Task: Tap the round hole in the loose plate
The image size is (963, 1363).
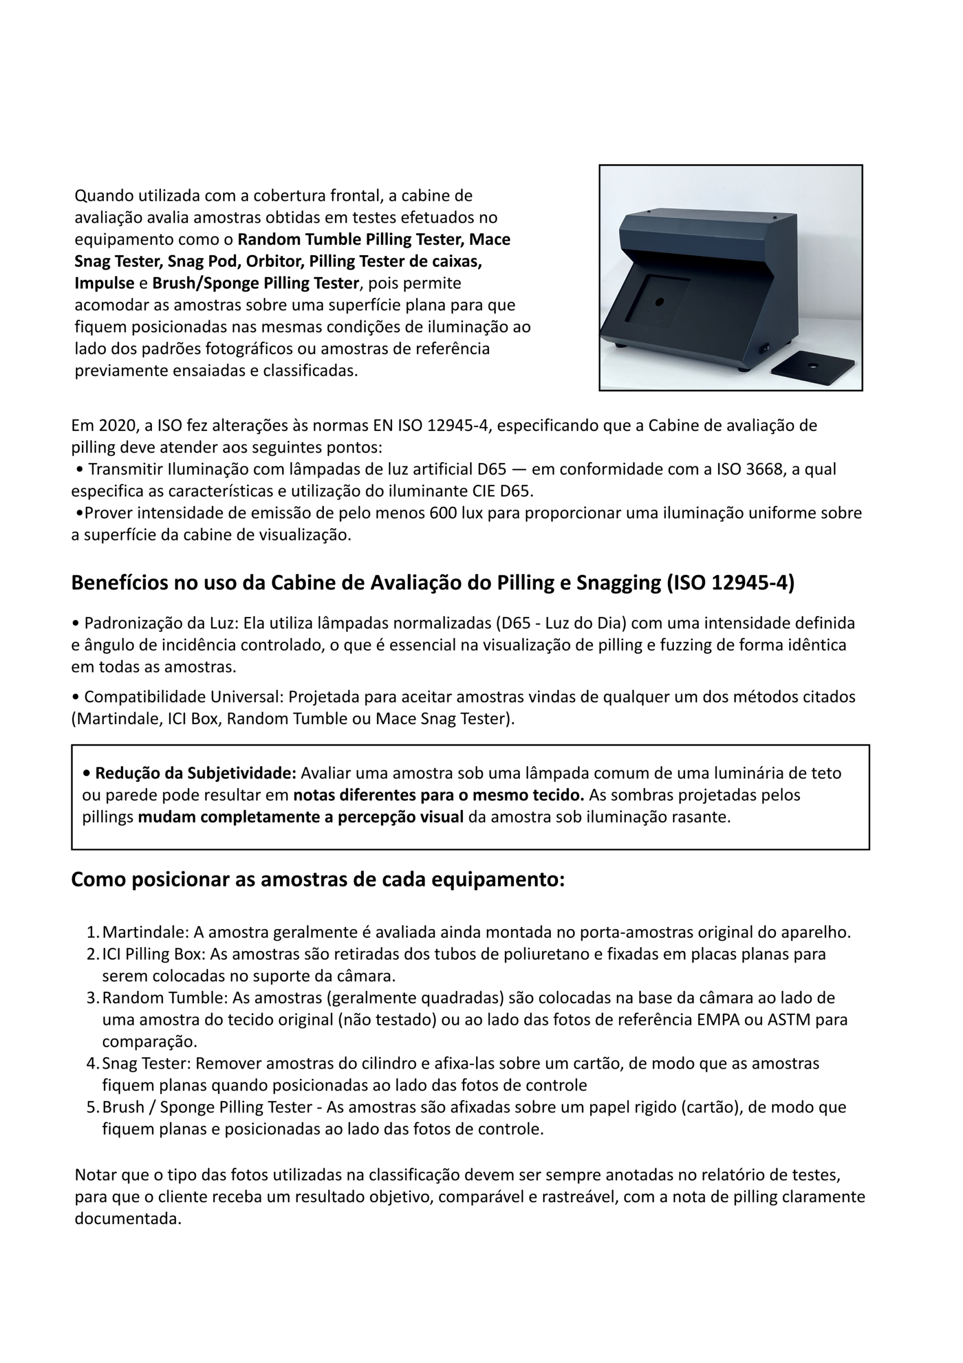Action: tap(812, 364)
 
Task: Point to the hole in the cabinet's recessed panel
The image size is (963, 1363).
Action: tap(659, 302)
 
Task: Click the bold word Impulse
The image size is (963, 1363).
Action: tap(104, 283)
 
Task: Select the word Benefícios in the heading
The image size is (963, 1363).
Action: tap(119, 583)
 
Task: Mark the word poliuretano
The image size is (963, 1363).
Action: tap(506, 954)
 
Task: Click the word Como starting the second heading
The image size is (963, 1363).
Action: tap(99, 879)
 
